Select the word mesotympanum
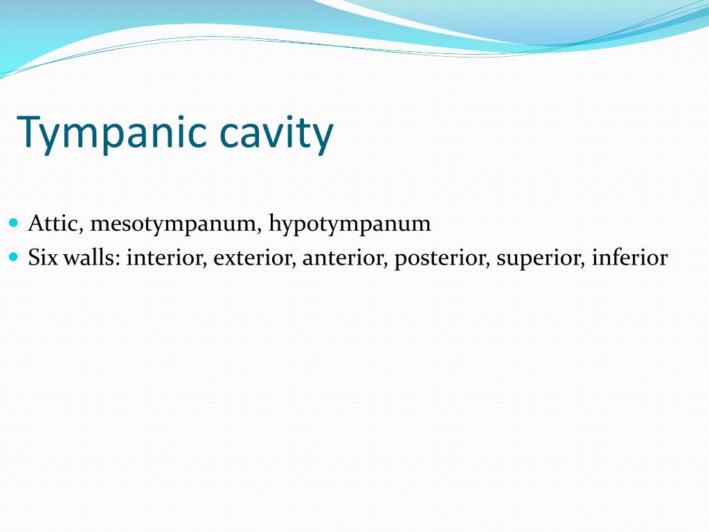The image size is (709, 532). click(x=174, y=224)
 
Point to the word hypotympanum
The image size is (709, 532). click(x=350, y=224)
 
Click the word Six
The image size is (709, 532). click(x=44, y=258)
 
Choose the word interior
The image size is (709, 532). click(x=166, y=258)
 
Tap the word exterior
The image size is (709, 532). click(x=254, y=258)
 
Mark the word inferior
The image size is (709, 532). click(x=629, y=258)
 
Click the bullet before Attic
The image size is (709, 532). click(x=15, y=223)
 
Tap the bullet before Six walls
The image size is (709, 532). click(x=15, y=257)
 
